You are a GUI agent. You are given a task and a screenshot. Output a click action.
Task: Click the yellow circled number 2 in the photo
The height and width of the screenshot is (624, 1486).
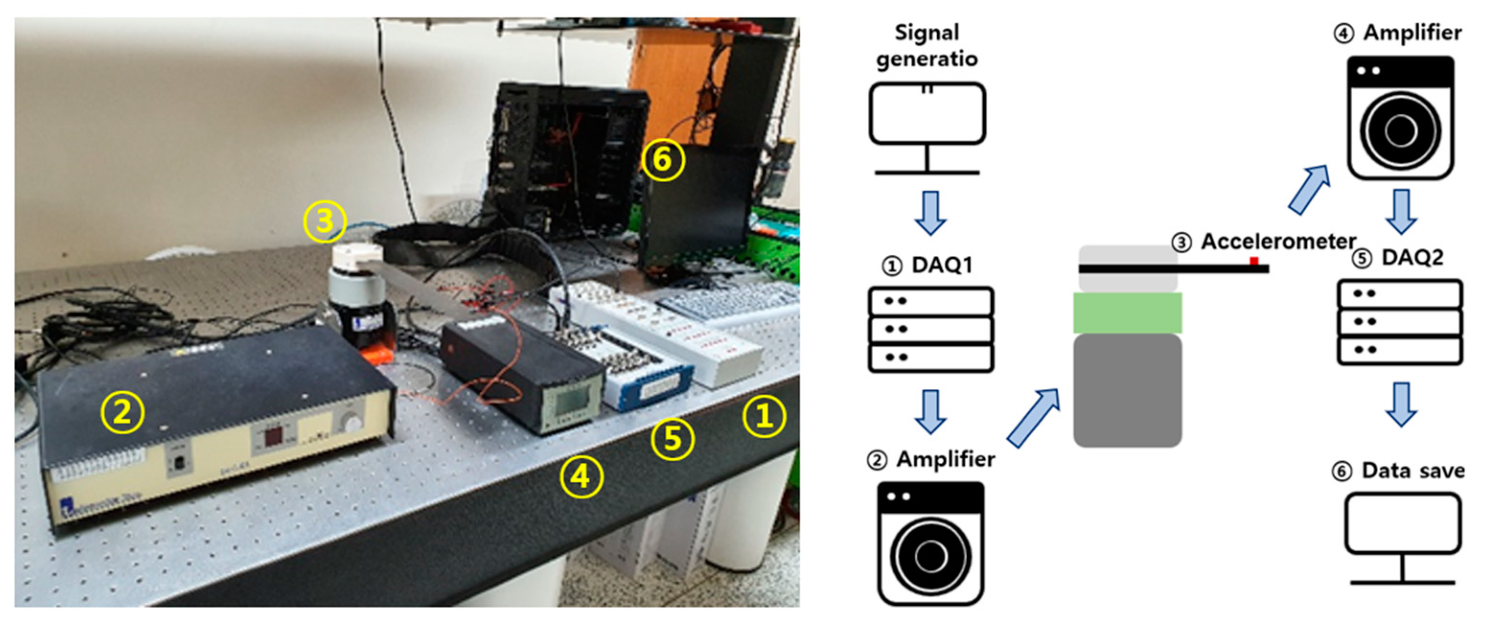point(122,412)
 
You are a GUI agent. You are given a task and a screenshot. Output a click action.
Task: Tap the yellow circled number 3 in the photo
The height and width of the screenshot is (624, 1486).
point(325,221)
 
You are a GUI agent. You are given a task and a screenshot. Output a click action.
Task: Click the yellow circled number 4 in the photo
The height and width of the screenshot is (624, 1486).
point(581,477)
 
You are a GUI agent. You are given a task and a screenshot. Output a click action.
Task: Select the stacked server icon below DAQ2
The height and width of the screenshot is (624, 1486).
point(1399,322)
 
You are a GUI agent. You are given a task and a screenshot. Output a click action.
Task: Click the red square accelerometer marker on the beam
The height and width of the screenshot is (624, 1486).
point(1254,261)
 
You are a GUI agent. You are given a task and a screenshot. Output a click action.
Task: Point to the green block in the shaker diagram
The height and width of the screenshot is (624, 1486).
point(1127,313)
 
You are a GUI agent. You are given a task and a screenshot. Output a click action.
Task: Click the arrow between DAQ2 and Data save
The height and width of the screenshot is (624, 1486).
point(1401,404)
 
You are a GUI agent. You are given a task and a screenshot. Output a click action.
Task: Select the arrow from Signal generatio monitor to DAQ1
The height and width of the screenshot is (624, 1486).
point(930,212)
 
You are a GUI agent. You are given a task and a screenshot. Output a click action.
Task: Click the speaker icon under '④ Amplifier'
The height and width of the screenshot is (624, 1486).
point(1401,118)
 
